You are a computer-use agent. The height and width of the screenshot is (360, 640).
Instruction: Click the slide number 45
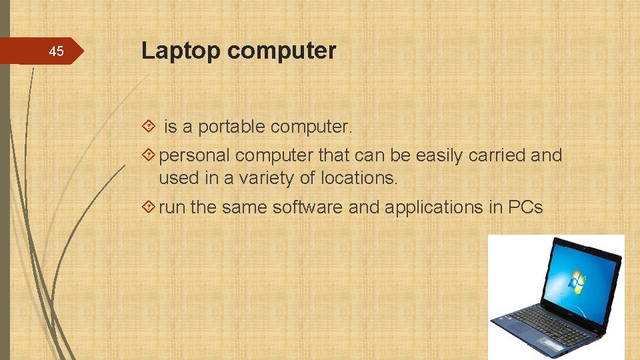[57, 52]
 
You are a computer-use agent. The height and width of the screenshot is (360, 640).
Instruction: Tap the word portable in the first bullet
[233, 127]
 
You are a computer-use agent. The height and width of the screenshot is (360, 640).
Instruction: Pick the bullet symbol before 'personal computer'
[149, 156]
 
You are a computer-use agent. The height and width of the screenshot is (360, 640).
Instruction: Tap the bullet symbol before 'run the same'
[149, 207]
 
